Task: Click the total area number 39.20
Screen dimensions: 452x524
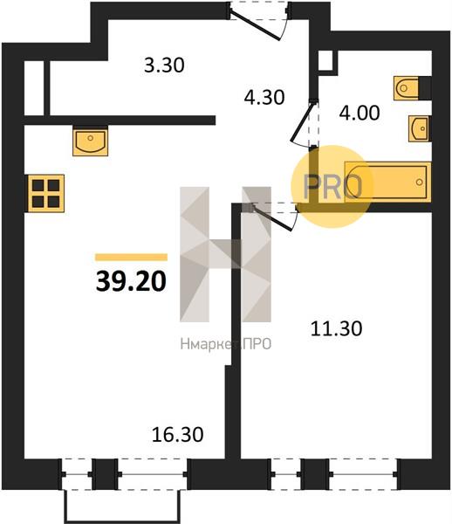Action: coord(131,281)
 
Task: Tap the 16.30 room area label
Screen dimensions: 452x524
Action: coord(177,435)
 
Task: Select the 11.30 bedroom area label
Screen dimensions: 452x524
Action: coord(336,328)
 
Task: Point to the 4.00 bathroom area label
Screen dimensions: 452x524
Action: coord(360,113)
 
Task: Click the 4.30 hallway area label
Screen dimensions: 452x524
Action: coord(264,97)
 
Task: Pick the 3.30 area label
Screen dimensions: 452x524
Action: coord(164,65)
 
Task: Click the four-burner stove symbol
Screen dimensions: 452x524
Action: coord(46,193)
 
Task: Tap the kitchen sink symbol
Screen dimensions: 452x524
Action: coord(90,141)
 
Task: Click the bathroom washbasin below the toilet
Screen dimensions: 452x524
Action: coord(420,128)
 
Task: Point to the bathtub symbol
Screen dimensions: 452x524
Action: coord(387,182)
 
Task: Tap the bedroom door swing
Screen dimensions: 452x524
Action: coord(275,217)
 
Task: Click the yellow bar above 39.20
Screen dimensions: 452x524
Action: coord(131,257)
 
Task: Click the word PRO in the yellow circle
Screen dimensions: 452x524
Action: coord(332,187)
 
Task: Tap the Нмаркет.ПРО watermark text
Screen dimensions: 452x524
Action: coord(226,344)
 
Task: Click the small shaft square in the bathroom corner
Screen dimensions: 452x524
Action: coord(327,61)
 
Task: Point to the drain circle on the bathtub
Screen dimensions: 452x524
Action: coord(420,183)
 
